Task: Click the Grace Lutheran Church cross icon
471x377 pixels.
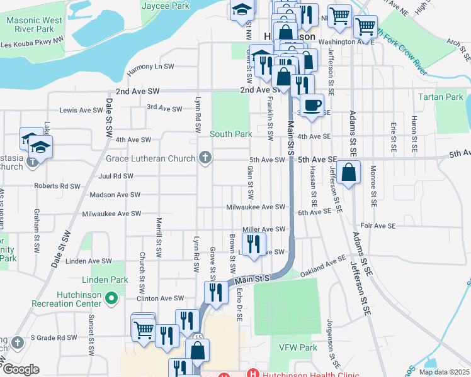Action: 205,158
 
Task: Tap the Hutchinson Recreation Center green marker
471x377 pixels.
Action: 112,298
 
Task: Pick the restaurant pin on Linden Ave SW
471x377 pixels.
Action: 254,244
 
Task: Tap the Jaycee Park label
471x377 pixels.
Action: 166,6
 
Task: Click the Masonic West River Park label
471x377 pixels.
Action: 34,25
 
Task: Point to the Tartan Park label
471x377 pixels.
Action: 441,97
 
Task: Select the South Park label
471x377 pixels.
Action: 231,134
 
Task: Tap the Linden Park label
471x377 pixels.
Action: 105,280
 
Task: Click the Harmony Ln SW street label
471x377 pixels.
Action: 150,67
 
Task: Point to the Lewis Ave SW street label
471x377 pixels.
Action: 81,110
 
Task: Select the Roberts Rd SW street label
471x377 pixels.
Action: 57,186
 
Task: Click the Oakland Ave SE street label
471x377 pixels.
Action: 323,263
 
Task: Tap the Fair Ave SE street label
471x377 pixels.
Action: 378,226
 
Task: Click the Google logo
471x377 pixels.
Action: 21,369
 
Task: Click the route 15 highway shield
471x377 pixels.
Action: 198,338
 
